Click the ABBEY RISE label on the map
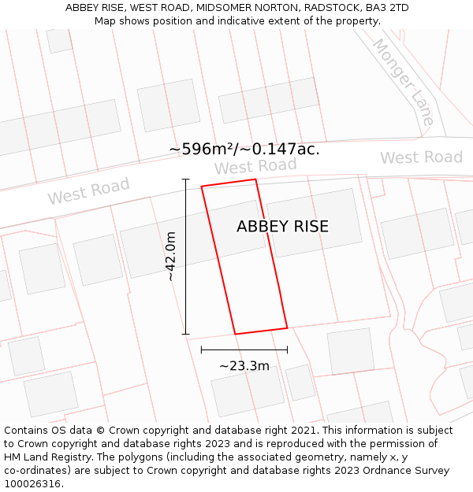click(282, 227)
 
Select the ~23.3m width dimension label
click(244, 365)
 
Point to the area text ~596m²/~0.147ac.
click(244, 149)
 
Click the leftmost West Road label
click(88, 191)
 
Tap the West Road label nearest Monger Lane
click(421, 157)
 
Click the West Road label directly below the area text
click(255, 166)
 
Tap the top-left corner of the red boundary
click(202, 187)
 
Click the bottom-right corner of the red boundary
click(287, 327)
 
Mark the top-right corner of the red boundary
click(255, 179)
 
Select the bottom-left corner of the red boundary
click(235, 334)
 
